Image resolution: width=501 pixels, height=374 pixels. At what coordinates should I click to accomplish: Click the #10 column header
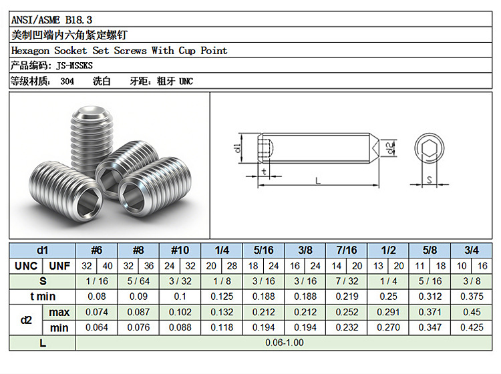[x=180, y=250]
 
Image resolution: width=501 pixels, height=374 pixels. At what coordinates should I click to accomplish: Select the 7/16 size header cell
[x=346, y=250]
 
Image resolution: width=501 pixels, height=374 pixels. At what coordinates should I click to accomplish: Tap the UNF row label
[x=59, y=266]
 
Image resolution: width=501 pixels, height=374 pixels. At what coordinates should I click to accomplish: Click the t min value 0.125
[x=222, y=297]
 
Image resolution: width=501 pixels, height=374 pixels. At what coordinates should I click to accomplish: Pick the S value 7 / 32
[x=347, y=281]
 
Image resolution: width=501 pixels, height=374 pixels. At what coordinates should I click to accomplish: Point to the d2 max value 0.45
[x=472, y=312]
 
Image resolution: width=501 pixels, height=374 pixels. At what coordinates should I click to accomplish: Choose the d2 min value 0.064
[x=96, y=327]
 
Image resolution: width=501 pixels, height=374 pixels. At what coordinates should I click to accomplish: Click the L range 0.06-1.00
[x=285, y=343]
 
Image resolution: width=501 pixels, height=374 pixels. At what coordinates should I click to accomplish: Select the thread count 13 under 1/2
[x=378, y=266]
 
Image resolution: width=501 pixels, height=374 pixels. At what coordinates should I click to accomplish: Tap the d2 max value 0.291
[x=388, y=312]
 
